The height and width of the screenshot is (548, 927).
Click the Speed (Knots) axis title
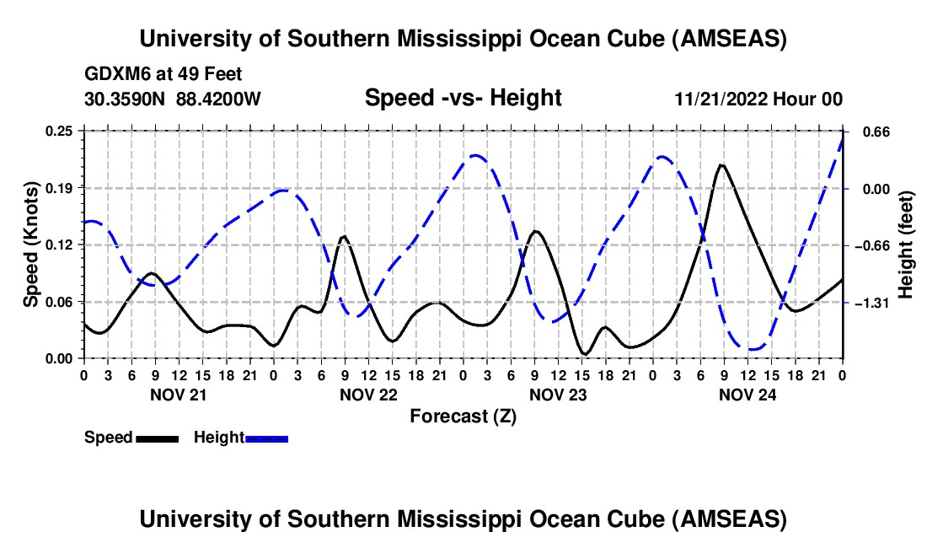31,244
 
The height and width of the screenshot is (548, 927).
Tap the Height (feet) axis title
906,244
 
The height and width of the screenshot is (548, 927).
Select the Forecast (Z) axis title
463,416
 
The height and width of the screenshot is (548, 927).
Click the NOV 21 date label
178,394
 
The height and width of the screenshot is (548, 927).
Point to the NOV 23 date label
557,394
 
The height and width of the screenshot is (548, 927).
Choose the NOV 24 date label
747,394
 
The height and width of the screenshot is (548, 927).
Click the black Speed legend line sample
157,438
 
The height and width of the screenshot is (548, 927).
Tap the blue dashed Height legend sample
266,438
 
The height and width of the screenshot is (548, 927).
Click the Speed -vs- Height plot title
463,99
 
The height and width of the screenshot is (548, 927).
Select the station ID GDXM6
115,74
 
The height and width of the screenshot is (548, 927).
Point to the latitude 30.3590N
126,99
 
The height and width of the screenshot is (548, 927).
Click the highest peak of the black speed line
721,165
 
